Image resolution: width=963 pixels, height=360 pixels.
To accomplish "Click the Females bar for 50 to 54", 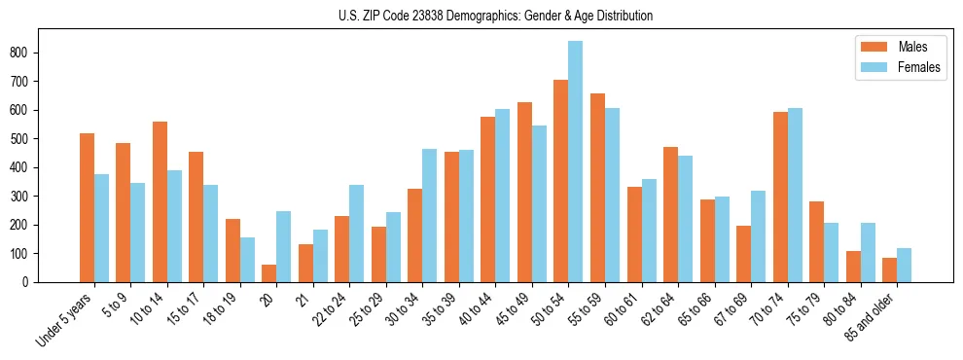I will point(576,162).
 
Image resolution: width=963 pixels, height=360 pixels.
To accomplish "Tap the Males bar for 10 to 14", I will point(160,202).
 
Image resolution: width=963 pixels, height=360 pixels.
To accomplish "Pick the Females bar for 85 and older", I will point(905,265).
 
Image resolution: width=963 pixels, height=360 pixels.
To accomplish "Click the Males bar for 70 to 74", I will point(780,198).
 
